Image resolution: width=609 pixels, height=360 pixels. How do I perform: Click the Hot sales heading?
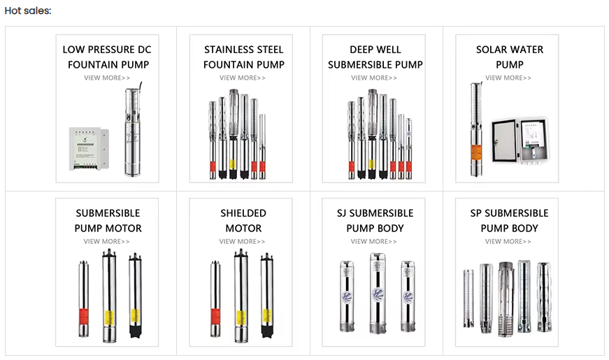click(28, 10)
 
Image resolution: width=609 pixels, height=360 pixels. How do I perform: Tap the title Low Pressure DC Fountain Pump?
click(107, 57)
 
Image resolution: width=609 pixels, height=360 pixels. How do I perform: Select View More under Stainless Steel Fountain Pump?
click(243, 78)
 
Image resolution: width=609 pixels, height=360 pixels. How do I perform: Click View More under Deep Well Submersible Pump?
click(374, 78)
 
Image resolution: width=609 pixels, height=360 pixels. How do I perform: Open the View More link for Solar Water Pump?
click(508, 78)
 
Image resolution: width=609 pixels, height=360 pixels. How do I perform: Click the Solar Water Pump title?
click(510, 57)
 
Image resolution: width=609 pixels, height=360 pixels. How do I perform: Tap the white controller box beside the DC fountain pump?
click(89, 149)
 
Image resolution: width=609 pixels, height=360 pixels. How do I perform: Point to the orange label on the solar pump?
click(475, 152)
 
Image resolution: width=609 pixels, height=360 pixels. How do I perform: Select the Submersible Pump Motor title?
click(108, 220)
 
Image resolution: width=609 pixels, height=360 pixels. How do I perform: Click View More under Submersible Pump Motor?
click(106, 241)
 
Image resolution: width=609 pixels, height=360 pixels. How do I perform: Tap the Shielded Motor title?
click(243, 220)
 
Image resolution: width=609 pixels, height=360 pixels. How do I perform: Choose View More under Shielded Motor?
click(242, 241)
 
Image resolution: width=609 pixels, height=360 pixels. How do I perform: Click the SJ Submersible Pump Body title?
click(375, 220)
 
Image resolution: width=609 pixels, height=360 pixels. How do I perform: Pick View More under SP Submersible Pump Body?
click(508, 241)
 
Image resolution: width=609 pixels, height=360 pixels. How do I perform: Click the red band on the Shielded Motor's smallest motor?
click(215, 316)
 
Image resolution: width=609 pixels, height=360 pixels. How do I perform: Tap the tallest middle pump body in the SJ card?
click(378, 293)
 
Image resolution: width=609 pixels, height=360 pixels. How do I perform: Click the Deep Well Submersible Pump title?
click(375, 57)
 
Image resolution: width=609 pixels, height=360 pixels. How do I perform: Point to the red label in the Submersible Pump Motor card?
click(83, 316)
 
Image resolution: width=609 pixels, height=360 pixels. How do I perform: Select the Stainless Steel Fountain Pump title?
click(244, 57)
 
